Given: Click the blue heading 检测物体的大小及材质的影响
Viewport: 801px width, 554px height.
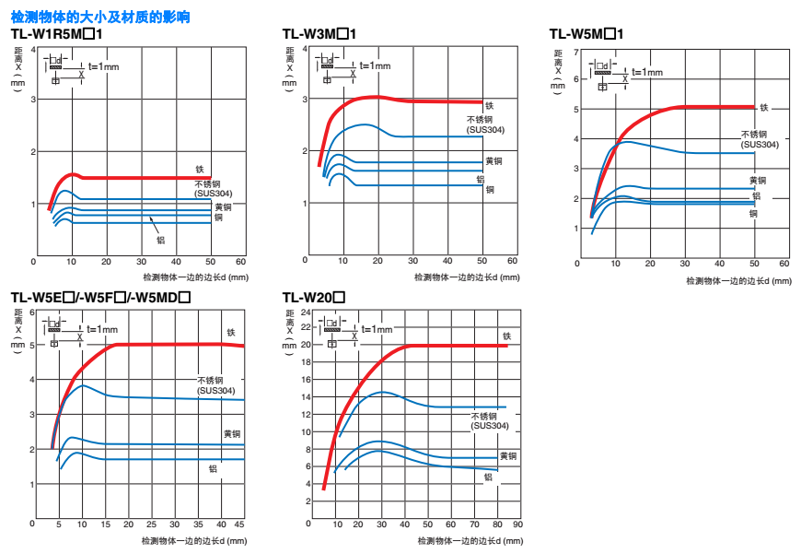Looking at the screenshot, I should coord(100,17).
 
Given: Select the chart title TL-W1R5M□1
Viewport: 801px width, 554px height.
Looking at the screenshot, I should coord(57,34).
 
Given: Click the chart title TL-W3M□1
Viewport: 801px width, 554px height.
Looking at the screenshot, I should coord(319,34).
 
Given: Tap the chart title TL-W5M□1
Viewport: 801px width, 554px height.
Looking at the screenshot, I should coord(587,34).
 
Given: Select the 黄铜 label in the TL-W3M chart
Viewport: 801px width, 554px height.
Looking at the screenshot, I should coord(493,161).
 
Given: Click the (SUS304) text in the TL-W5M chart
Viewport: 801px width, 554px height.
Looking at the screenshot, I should coord(760,145).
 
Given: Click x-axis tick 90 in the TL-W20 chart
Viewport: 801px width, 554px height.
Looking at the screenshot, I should coord(517,524).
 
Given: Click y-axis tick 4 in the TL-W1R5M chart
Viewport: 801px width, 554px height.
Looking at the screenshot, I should coord(34,48).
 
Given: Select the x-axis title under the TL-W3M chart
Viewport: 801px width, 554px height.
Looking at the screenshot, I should coord(466,277).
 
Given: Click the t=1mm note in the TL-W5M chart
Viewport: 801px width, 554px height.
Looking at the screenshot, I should coord(646,72).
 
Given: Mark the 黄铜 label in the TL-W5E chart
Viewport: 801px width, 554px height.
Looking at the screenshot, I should coord(232,433).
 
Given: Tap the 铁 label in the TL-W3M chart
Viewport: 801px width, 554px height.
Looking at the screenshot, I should coord(490,106).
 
